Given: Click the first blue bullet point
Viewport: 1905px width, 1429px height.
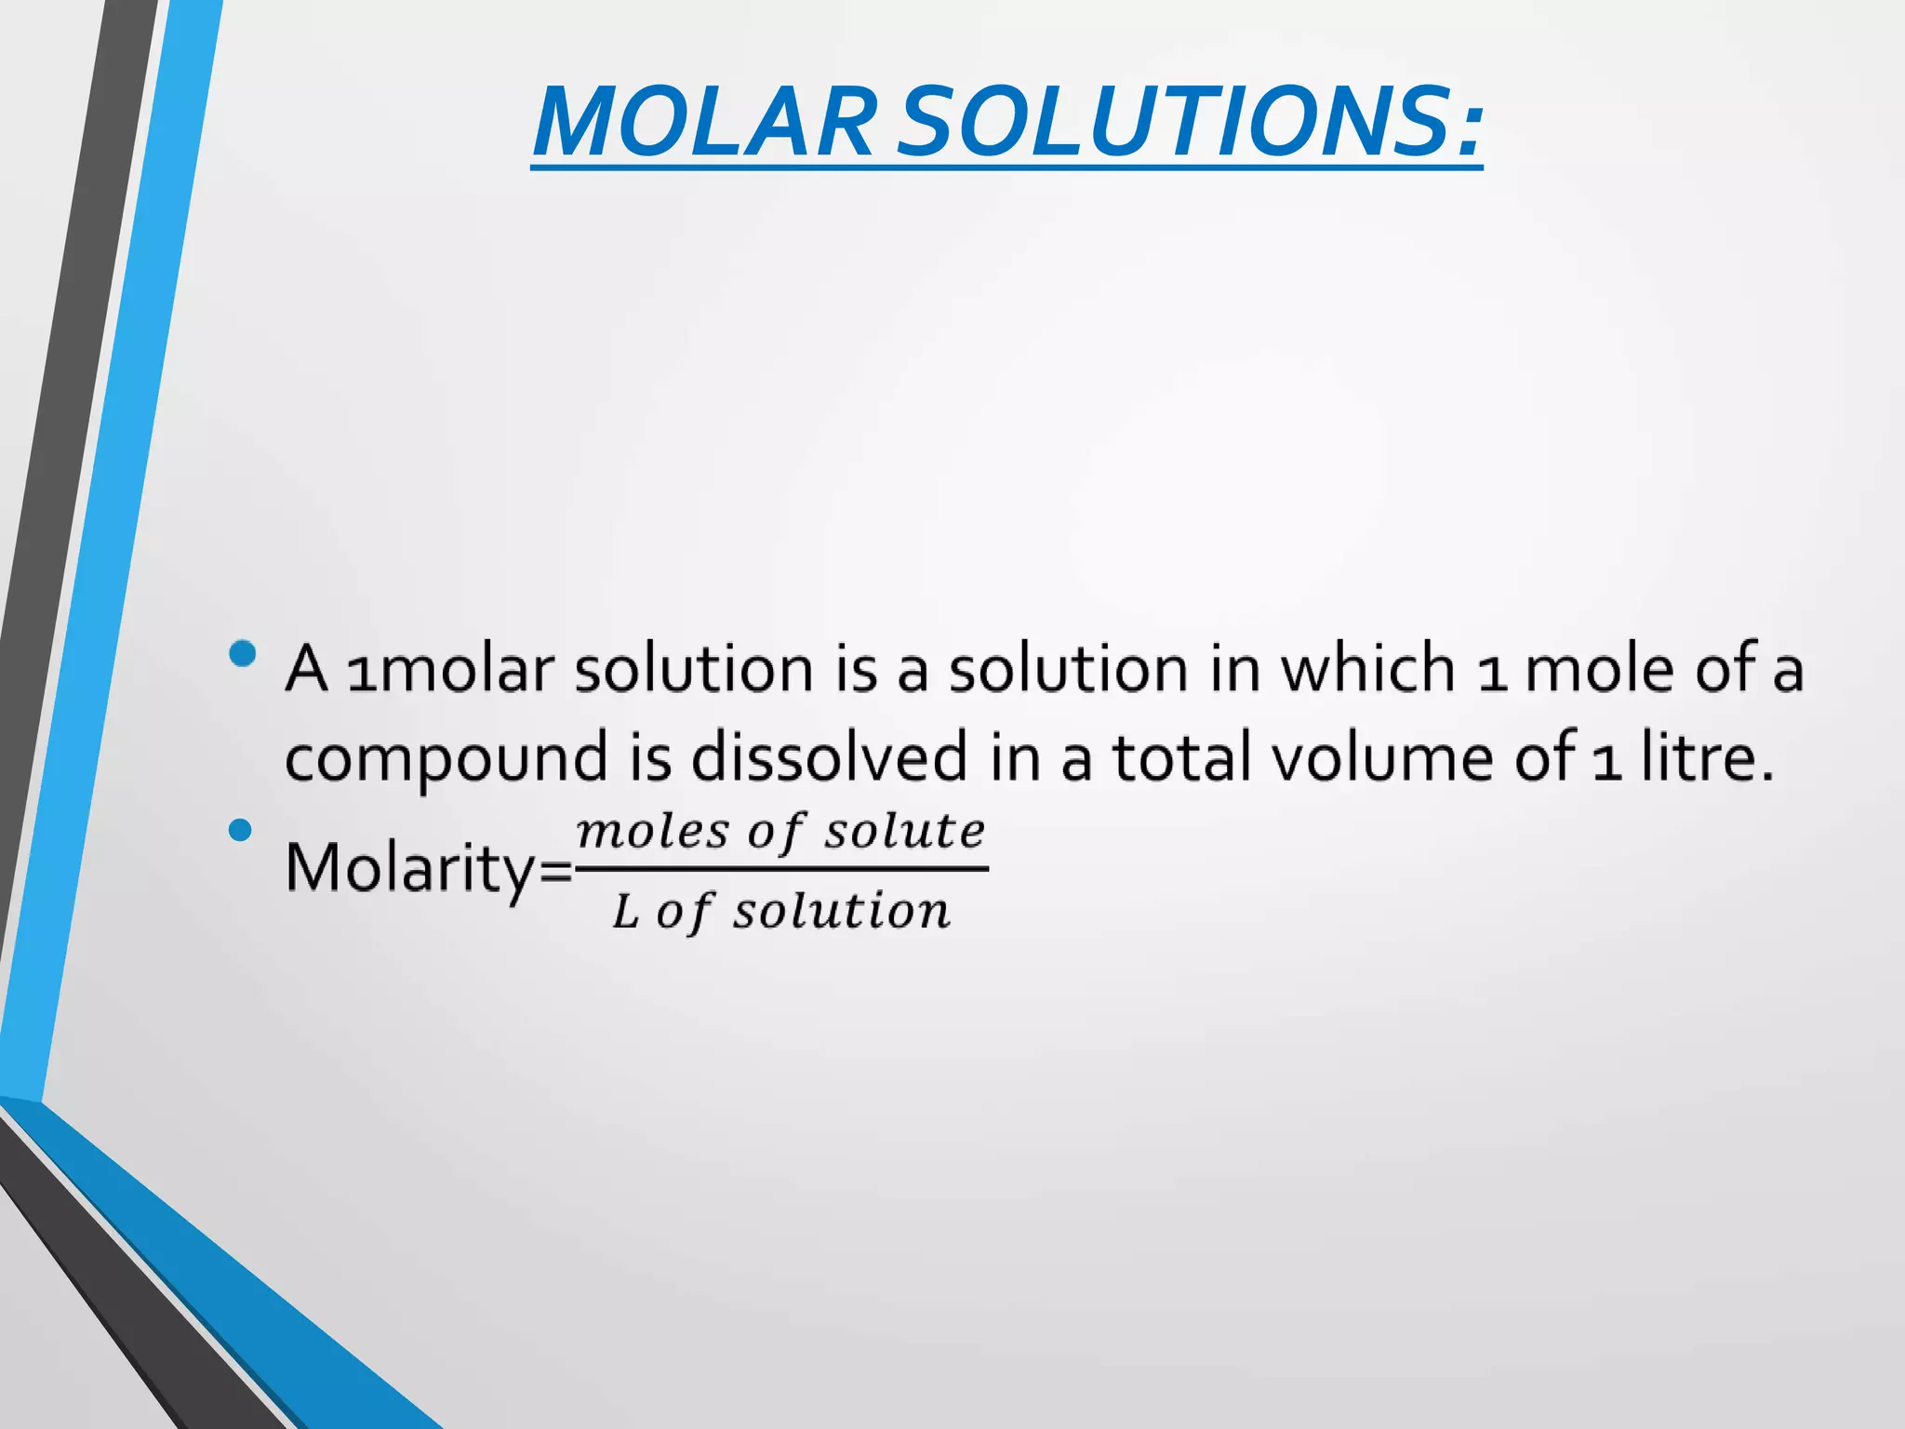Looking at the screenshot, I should (x=242, y=653).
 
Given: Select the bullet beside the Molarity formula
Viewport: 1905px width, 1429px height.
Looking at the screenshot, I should (x=240, y=829).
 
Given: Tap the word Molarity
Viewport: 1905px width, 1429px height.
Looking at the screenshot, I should (x=410, y=868).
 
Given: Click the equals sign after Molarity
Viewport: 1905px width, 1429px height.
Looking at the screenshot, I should (x=556, y=872).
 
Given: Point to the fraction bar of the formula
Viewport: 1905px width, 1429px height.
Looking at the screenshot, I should (x=781, y=869).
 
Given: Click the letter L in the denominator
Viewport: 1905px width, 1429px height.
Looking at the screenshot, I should (x=625, y=912).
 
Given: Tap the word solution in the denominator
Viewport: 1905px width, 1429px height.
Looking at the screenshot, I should (x=841, y=911).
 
